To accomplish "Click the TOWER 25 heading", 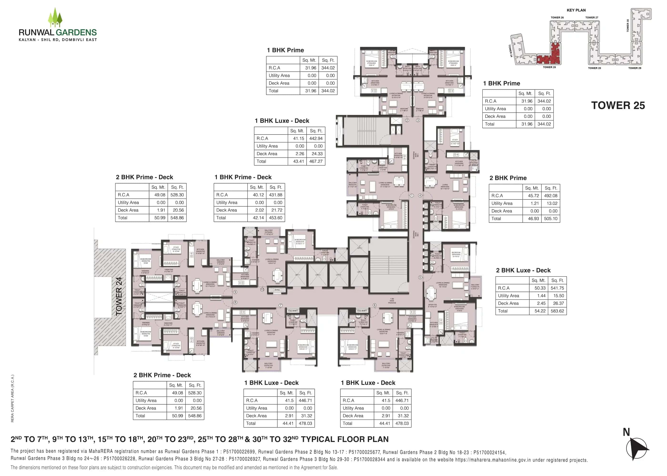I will point(618,105).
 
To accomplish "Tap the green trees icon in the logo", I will point(55,18).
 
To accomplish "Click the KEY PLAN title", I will point(576,10).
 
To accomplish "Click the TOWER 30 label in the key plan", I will point(628,26).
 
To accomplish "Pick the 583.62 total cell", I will point(557,311).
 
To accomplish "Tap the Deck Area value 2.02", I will point(259,210).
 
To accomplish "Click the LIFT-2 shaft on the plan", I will point(318,275).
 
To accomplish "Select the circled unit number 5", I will point(420,277).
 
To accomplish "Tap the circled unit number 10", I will point(262,290).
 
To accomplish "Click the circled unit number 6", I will point(374,305).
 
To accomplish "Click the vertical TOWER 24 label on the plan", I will point(119,296).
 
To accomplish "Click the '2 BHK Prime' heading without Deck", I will point(508,178).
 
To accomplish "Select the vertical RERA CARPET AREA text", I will point(13,399).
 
